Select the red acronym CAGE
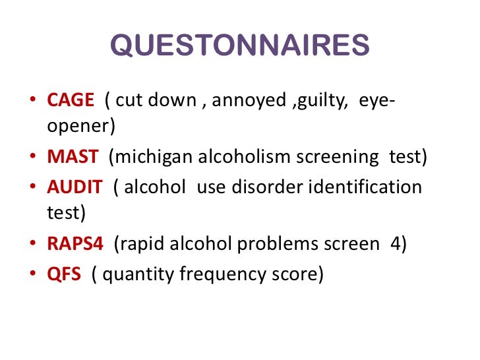71,102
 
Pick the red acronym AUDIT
75,187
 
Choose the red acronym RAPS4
75,244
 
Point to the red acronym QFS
64,272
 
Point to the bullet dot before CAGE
33,102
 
